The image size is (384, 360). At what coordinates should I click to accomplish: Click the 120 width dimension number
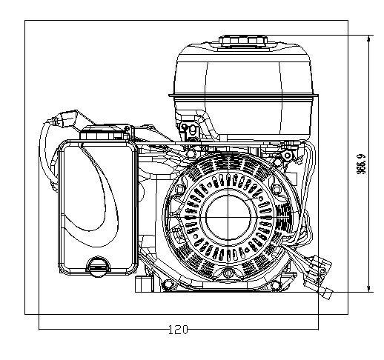(178, 330)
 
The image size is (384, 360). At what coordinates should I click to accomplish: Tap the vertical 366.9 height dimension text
(361, 164)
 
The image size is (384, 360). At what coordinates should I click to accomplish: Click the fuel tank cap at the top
(243, 41)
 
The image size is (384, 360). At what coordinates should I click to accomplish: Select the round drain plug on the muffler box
(98, 267)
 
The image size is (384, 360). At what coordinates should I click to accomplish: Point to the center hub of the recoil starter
(228, 217)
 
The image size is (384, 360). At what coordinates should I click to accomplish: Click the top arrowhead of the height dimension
(369, 39)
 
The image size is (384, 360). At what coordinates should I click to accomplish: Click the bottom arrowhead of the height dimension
(369, 289)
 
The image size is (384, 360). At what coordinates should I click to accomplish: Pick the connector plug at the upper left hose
(66, 119)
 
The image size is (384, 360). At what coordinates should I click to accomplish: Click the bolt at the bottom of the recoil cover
(228, 273)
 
